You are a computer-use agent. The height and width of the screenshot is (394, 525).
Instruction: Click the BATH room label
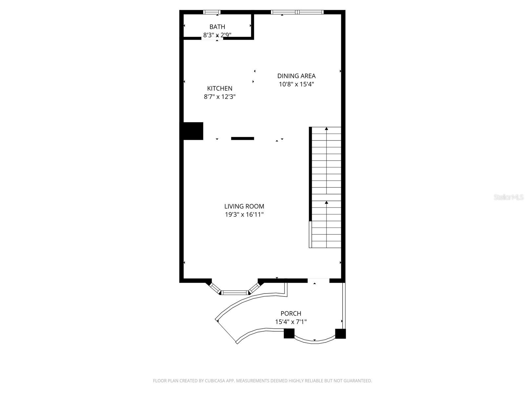pos(217,27)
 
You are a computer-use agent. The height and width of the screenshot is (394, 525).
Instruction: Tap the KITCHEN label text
pos(220,89)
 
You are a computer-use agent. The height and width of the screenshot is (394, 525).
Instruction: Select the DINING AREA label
pos(296,76)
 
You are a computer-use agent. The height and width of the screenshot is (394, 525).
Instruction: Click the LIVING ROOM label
pos(244,206)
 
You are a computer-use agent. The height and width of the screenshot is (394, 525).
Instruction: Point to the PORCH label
pos(291,313)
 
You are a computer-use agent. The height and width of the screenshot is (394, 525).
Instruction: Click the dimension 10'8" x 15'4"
pos(296,84)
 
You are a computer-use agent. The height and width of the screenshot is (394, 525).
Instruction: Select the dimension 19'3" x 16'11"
pos(244,215)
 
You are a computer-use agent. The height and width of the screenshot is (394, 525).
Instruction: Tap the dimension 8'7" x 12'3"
pos(220,97)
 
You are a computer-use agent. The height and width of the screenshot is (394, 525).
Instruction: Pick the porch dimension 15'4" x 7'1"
pos(291,322)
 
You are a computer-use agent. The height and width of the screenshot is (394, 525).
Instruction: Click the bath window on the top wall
pos(212,12)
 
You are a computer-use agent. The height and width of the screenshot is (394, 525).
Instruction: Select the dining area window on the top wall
pos(297,12)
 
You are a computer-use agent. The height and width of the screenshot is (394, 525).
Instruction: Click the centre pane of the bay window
pos(235,292)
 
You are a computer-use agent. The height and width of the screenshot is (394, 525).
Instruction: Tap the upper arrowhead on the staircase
pos(326,129)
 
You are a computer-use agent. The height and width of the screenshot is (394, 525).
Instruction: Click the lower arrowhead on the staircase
pos(326,202)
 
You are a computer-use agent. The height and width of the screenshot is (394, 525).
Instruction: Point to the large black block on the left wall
pos(192,131)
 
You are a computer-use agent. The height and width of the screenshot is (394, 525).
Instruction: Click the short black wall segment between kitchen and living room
pos(242,139)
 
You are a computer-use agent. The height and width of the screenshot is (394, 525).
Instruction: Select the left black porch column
pos(289,334)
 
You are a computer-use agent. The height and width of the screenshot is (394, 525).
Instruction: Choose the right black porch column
pos(340,334)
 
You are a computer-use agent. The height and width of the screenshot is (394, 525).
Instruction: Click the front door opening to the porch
pos(318,281)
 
